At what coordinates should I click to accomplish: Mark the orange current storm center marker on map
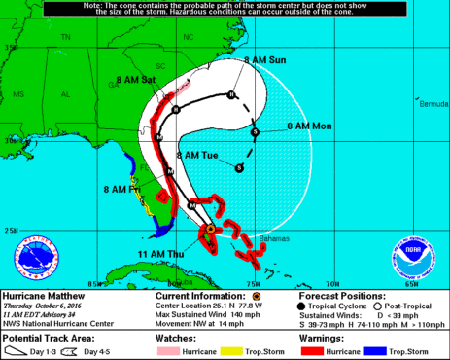210,229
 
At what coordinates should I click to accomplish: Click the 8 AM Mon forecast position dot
255,132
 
